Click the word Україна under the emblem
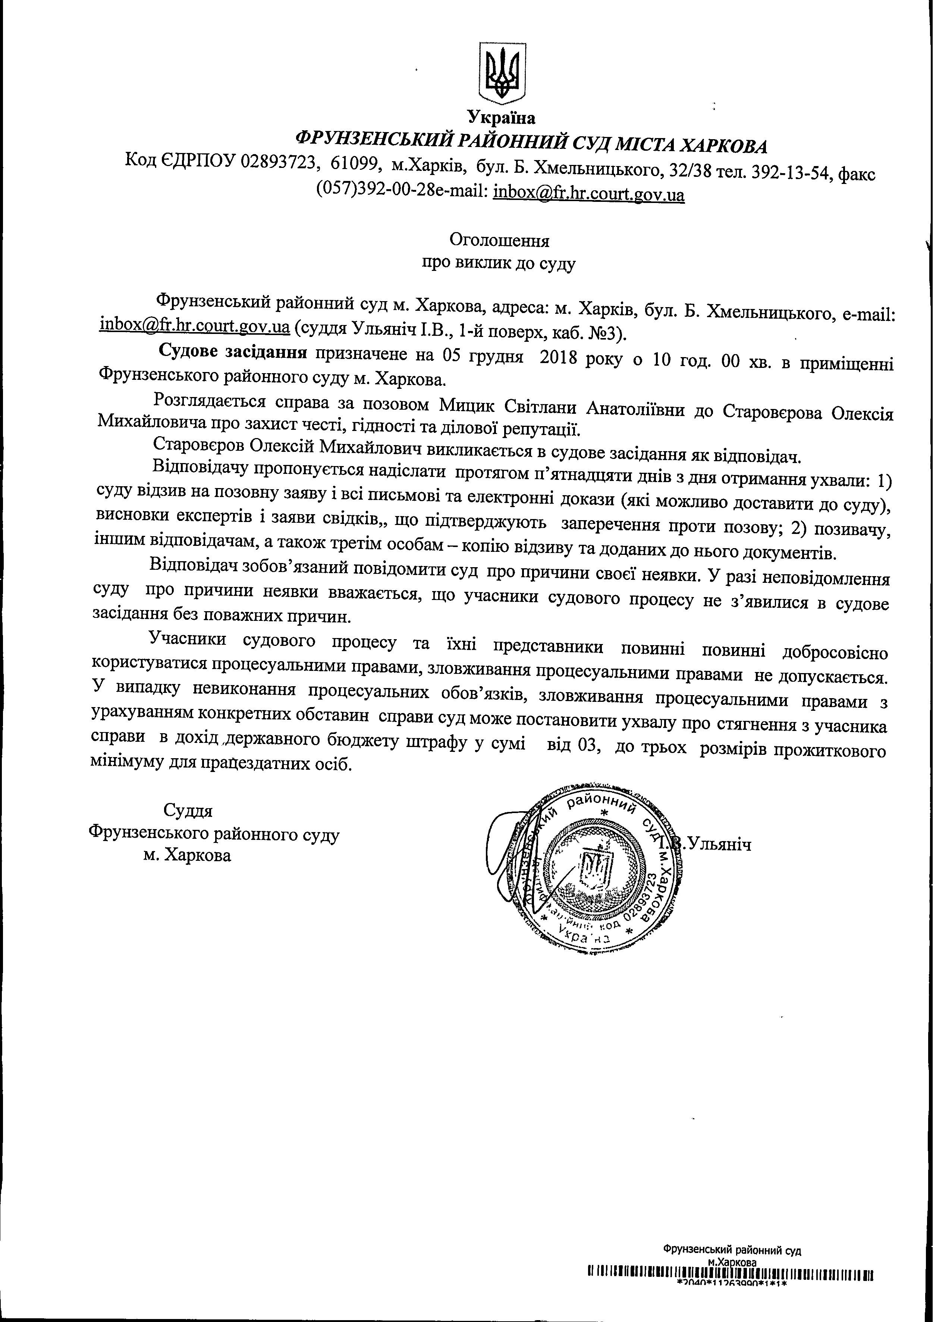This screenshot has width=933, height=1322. click(501, 118)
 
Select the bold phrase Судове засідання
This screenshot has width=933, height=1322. click(233, 352)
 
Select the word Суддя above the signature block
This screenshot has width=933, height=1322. click(188, 811)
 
